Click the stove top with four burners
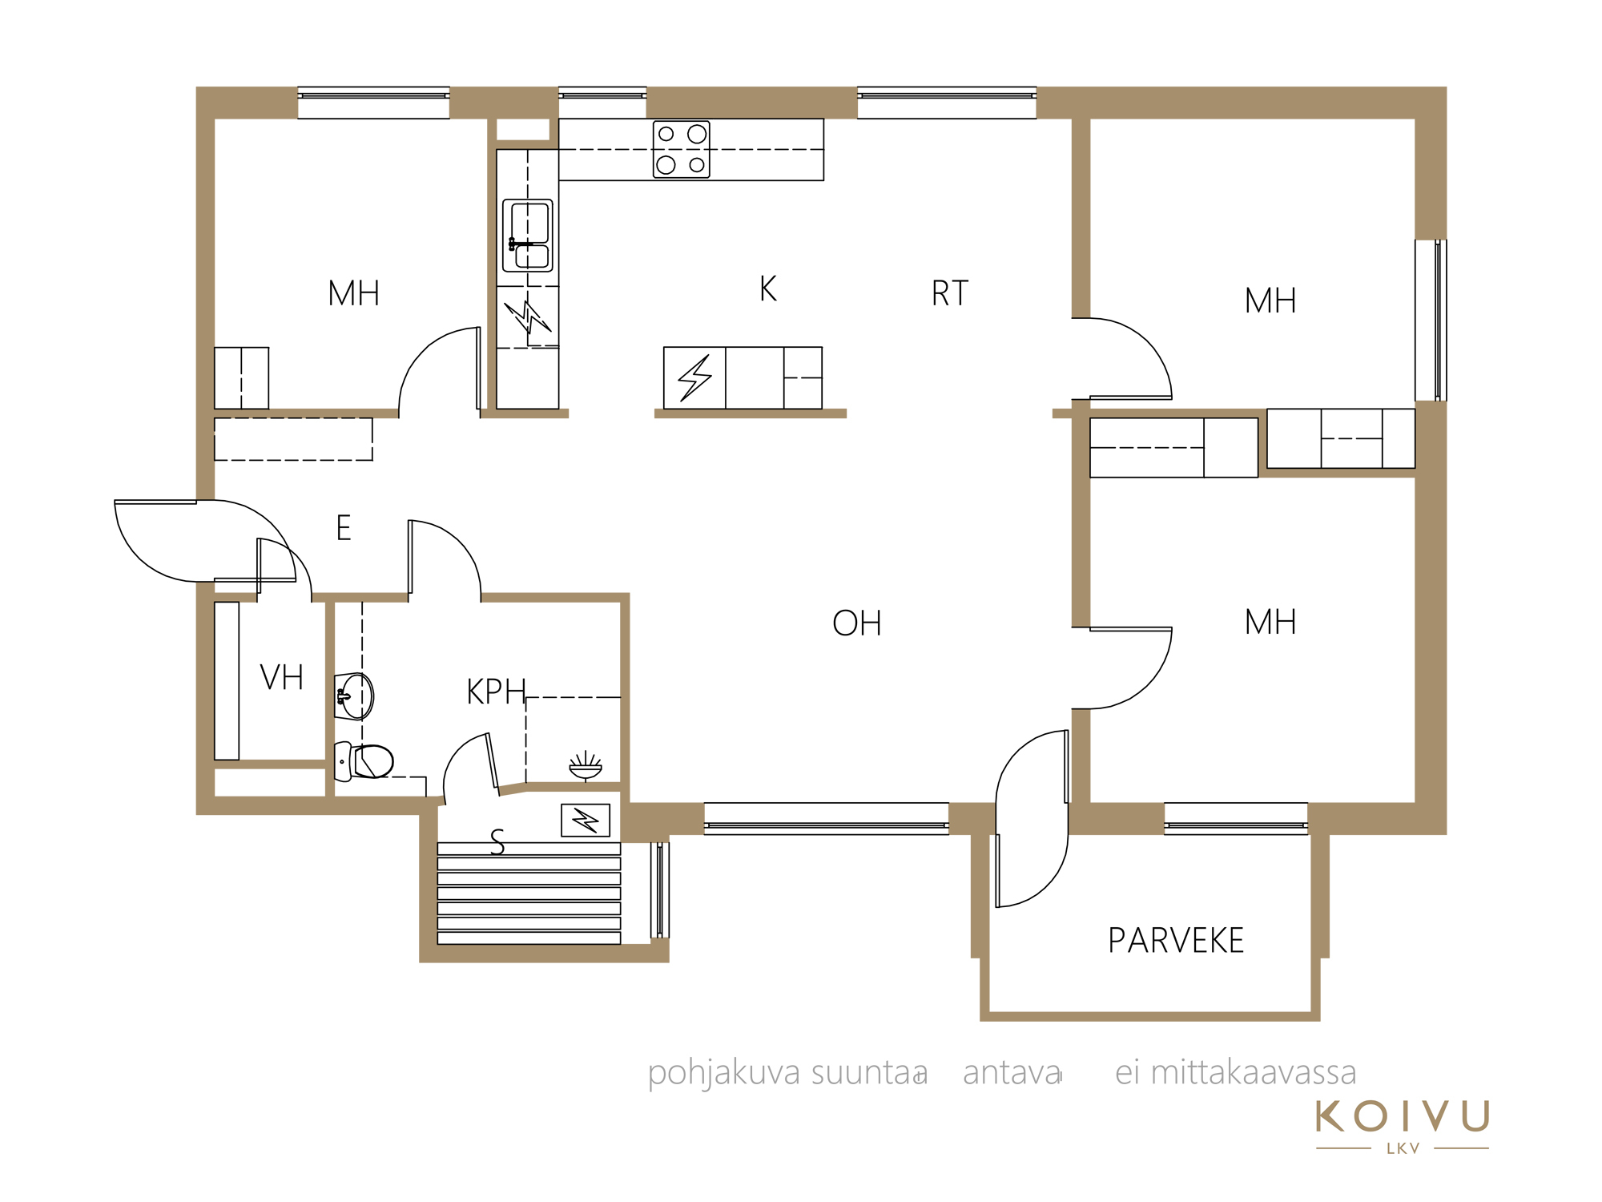(682, 149)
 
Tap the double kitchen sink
(528, 236)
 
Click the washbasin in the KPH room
(354, 696)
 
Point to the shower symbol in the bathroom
(586, 765)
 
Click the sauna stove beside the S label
(586, 821)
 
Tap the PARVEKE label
(1176, 941)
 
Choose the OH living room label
(857, 623)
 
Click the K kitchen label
(768, 288)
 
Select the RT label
(950, 293)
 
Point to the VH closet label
(282, 678)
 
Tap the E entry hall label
(344, 528)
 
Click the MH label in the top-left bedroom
(354, 293)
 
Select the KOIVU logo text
(1403, 1116)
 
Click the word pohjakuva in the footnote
(724, 1074)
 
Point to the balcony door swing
(1032, 819)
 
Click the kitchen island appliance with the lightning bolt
(694, 378)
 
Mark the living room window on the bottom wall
(827, 819)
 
